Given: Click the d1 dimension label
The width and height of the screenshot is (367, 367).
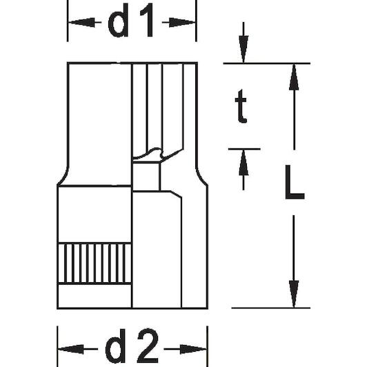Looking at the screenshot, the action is (x=130, y=21).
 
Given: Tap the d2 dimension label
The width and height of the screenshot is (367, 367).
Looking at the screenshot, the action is (x=132, y=346).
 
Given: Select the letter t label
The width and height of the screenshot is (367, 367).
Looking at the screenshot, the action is (x=241, y=106).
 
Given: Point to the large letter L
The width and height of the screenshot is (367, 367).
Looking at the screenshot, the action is (x=295, y=182).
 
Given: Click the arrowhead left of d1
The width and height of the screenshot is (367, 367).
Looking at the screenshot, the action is (x=81, y=23).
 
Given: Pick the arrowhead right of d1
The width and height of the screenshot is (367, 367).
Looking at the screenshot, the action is (x=182, y=23).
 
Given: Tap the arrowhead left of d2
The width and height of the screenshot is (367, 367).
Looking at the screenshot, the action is (x=71, y=349).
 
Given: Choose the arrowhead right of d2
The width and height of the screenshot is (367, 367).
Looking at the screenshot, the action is (x=193, y=349).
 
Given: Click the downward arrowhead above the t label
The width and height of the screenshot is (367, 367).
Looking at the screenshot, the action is (x=244, y=49).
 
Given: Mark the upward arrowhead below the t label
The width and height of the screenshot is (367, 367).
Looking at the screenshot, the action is (x=244, y=162).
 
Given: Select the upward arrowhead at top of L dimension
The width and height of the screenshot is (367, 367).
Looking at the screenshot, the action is (x=294, y=77).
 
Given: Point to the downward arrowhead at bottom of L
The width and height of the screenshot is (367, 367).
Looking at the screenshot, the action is (x=294, y=294).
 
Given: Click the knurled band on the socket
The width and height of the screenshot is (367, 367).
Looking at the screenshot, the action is (x=95, y=264).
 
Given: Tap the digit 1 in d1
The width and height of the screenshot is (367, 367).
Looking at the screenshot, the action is (x=146, y=21).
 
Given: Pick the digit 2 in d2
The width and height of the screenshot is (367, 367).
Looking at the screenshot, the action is (x=148, y=346).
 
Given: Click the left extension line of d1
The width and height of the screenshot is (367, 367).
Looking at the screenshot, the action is (x=68, y=21).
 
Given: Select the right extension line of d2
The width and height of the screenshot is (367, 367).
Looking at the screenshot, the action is (x=208, y=346).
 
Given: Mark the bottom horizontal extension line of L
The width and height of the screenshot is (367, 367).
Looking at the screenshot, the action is (x=271, y=308).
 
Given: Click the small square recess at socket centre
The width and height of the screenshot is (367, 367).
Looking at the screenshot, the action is (x=146, y=177).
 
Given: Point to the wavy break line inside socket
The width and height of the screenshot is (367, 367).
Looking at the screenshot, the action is (x=158, y=154).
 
